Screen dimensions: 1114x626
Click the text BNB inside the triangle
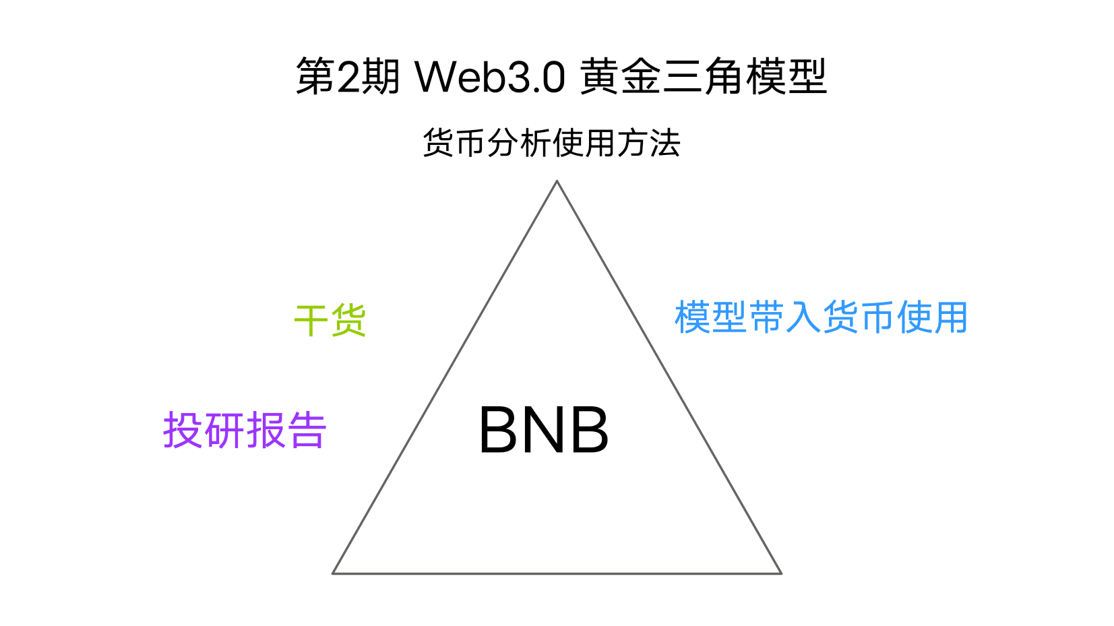[544, 430]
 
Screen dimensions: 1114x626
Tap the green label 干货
[330, 321]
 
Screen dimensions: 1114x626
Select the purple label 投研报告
[245, 430]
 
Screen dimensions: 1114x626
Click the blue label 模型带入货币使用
[821, 317]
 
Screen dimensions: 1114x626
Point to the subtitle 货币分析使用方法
[551, 143]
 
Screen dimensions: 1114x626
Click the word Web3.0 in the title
[491, 77]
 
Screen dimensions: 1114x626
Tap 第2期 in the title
[348, 76]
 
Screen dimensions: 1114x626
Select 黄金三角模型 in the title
[704, 76]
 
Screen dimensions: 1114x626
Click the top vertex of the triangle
[557, 181]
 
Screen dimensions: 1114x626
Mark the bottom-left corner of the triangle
[333, 573]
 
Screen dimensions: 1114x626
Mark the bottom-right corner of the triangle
[781, 573]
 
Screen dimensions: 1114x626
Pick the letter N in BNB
[544, 430]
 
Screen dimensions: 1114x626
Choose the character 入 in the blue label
[803, 317]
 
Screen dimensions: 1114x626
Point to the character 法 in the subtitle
[665, 143]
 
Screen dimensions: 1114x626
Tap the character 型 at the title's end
[807, 76]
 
